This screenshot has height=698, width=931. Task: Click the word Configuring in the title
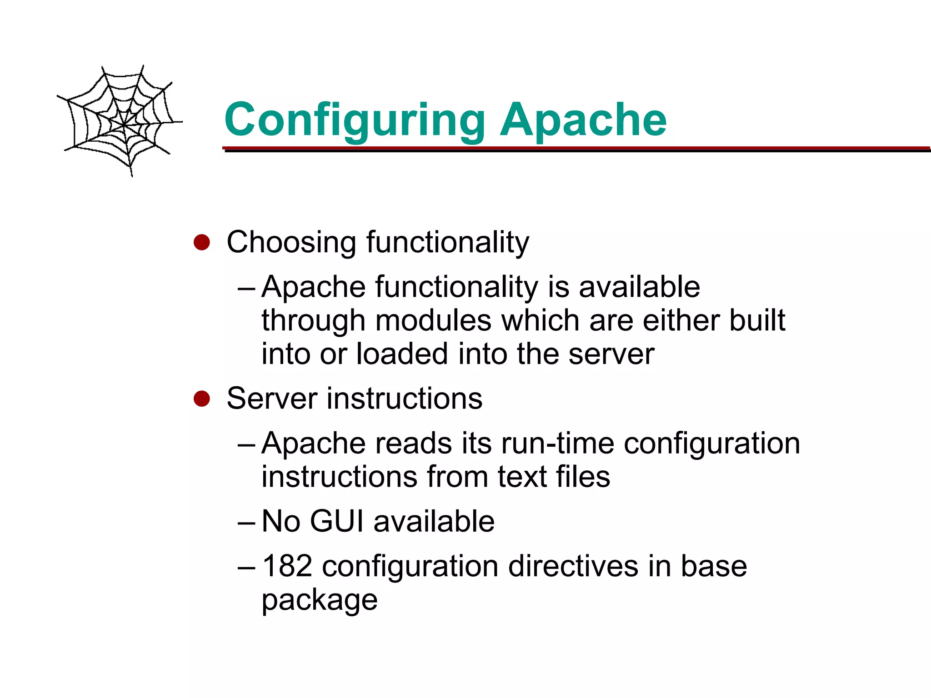tap(355, 120)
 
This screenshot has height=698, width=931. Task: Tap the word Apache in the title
tap(583, 120)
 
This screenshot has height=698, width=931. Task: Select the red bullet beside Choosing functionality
tap(201, 242)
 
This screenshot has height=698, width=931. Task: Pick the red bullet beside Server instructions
tap(201, 399)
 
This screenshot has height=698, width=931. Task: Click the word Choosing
tap(291, 242)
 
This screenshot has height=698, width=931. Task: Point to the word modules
tap(433, 320)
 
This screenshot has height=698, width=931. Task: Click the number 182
tap(287, 566)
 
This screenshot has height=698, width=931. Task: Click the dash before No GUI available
tap(247, 522)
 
